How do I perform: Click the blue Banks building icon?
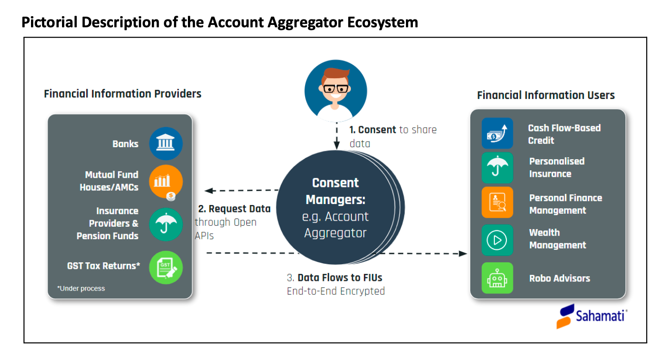tap(166, 143)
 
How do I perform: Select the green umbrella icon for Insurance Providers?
tap(166, 224)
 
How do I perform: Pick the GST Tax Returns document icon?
tap(166, 267)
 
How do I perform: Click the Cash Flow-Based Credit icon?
tap(497, 134)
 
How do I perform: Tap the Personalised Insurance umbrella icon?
tap(497, 168)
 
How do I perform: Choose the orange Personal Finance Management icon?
tap(497, 203)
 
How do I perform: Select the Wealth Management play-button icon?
tap(497, 240)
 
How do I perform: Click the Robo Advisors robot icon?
tap(497, 278)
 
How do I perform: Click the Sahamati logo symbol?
tap(565, 317)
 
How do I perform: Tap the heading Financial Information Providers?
tap(123, 94)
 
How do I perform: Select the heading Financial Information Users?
tap(546, 95)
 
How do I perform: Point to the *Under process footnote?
tap(81, 288)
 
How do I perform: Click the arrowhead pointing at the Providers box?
tap(209, 190)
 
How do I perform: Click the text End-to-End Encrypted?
tap(336, 291)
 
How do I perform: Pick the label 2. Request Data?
tap(234, 209)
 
